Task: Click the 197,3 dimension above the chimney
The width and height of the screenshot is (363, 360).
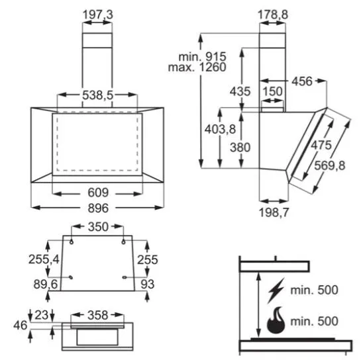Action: (x=97, y=15)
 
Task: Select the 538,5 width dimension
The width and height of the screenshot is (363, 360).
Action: (x=97, y=95)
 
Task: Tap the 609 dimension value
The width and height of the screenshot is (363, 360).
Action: (x=98, y=193)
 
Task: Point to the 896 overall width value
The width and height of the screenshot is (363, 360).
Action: (x=98, y=208)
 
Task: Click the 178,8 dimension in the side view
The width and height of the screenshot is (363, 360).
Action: (x=273, y=15)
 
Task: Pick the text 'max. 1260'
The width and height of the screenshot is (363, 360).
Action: (x=197, y=67)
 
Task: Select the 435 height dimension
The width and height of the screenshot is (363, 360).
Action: (x=240, y=91)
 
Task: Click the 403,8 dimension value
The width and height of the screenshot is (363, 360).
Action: (x=220, y=129)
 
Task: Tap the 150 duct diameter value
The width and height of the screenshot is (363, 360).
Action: (x=272, y=91)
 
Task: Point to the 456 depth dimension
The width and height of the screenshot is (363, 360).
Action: (x=302, y=81)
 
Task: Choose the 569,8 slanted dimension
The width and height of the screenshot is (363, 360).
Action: (x=330, y=165)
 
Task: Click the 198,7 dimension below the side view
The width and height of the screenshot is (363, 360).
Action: (x=274, y=212)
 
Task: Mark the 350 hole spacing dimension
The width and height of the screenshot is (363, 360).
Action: (x=98, y=227)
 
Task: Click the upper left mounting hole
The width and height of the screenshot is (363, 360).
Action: (x=72, y=242)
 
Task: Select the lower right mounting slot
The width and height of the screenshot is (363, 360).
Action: (x=125, y=277)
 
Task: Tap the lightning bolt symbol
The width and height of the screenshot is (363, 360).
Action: (x=276, y=291)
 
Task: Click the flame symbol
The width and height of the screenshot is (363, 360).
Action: (x=276, y=320)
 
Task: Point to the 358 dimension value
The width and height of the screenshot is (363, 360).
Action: (x=97, y=315)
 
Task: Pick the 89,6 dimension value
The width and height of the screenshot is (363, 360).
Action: (x=46, y=284)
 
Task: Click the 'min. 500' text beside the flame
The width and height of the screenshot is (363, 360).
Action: (x=314, y=321)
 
